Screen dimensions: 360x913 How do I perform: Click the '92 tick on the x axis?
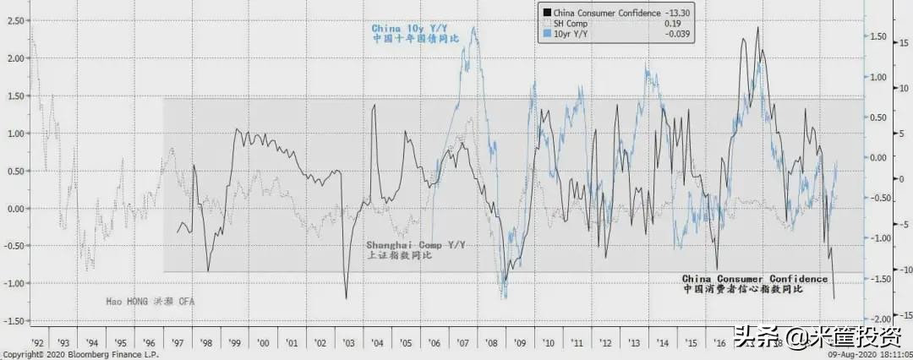[38, 342]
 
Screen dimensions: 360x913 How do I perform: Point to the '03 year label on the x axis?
[348, 342]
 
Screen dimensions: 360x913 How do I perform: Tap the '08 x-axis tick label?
[489, 342]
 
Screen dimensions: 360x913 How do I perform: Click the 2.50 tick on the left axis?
[14, 20]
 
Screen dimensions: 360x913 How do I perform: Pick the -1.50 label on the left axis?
[12, 320]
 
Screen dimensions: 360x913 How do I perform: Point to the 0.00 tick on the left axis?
[14, 208]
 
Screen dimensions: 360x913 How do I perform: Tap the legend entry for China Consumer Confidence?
[596, 12]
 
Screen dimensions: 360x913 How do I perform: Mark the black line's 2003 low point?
[346, 297]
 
